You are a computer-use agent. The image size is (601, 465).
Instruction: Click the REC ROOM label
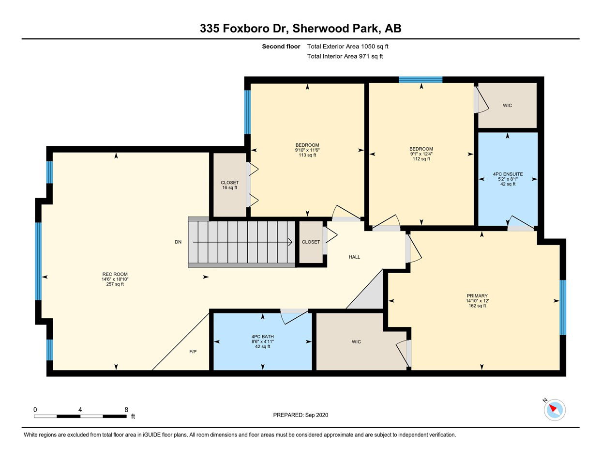115,274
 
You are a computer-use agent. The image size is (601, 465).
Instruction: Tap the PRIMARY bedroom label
477,295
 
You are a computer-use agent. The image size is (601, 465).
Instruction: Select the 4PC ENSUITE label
508,174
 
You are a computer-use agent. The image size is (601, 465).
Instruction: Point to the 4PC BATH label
262,337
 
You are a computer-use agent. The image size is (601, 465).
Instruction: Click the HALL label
354,257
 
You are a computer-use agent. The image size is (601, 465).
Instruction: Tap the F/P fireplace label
193,352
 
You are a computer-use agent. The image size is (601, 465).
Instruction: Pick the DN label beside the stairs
178,242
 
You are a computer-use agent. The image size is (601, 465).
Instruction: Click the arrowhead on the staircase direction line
290,242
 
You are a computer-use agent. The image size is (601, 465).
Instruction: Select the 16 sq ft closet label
229,187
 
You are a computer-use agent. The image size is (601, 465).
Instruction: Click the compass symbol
555,410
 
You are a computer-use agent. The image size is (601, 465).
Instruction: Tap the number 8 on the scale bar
126,409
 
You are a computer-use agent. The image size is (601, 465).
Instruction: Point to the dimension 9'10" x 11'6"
307,150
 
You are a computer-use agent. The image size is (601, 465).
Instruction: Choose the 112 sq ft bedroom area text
421,159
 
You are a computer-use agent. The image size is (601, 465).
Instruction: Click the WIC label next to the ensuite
507,106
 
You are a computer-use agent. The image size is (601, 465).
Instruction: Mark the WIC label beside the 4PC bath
356,342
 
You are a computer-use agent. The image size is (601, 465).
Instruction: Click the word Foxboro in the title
246,28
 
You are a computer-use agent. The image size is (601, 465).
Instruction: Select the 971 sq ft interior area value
371,56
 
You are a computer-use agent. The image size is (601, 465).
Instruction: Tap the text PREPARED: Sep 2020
300,415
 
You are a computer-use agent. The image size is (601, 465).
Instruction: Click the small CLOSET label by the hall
311,242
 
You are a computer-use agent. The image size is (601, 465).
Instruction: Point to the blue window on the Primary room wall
563,308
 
